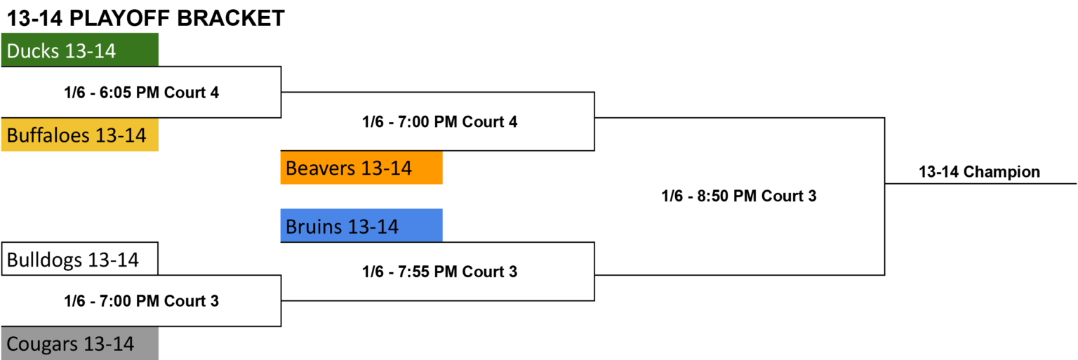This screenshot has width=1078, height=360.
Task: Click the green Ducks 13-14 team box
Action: point(80,50)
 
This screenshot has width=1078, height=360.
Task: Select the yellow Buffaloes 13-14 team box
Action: point(80,135)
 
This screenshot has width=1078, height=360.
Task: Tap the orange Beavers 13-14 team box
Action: point(361,168)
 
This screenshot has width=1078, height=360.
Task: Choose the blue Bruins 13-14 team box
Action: point(361,225)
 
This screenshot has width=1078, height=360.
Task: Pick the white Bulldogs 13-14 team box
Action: point(80,259)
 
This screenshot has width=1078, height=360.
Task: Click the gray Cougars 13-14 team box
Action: point(80,344)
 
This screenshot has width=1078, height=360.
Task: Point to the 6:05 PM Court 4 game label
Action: point(142,93)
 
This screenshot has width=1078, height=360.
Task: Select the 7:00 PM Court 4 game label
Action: point(440,122)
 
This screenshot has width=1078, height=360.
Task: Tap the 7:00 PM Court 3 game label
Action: point(142,301)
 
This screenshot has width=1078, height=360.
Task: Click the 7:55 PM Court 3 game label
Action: point(440,272)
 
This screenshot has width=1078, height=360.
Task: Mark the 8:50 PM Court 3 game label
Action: point(739,196)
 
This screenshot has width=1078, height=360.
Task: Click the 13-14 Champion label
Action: point(979,172)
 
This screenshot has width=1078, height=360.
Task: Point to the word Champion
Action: point(1002,172)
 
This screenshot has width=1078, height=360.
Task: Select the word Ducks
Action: point(33,51)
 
